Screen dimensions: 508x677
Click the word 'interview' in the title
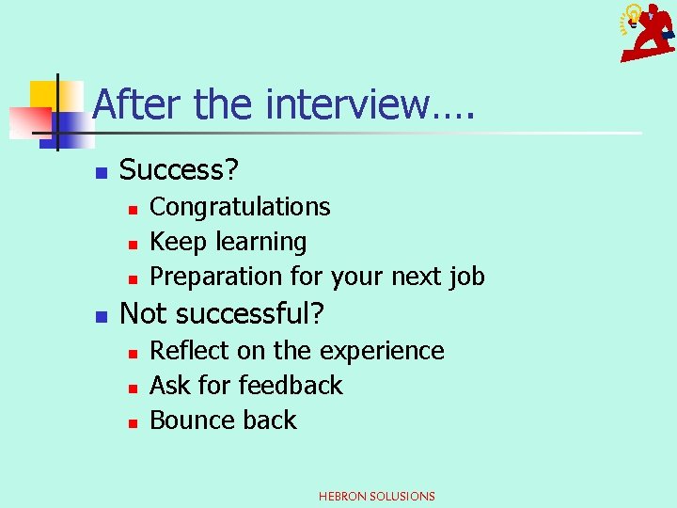[347, 103]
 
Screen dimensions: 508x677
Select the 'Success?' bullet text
[180, 170]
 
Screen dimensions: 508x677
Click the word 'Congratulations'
[240, 207]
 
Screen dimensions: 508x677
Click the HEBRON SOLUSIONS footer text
[377, 496]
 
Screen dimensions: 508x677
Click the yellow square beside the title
[43, 93]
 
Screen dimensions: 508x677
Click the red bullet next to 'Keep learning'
[134, 244]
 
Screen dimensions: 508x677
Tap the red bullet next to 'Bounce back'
[134, 422]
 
